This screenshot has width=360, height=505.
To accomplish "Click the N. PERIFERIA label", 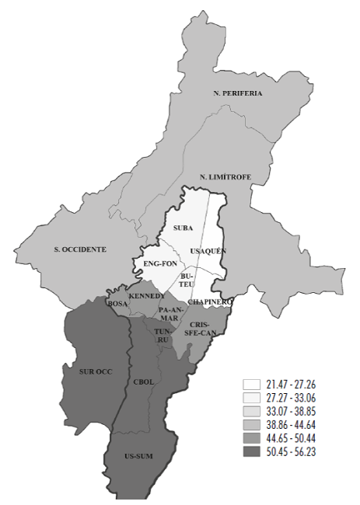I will point(237,93).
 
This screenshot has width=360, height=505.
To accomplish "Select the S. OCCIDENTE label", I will point(79,249).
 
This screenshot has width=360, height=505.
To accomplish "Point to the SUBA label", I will point(183,228).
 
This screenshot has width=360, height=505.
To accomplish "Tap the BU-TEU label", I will point(187,280).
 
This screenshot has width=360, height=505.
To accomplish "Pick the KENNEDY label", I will point(146,297).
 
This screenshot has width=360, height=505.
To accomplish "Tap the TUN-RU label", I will point(163,335).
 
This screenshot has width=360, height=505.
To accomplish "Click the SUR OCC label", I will point(96,371).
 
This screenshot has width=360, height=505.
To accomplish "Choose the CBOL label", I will point(145,382).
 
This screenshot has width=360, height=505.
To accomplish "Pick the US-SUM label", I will point(127,456).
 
